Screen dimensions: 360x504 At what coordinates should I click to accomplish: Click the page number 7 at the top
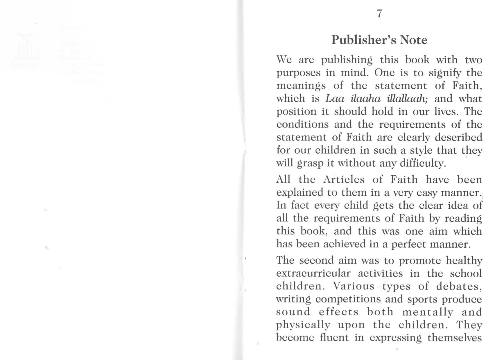tap(379, 14)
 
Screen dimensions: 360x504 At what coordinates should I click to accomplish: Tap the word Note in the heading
tap(413, 40)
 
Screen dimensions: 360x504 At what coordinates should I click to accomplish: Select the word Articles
tap(344, 179)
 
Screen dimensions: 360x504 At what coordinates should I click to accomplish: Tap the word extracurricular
tap(313, 273)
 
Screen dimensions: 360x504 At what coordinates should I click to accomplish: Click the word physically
tap(303, 325)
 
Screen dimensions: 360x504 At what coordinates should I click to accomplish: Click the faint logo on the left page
tap(25, 49)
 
